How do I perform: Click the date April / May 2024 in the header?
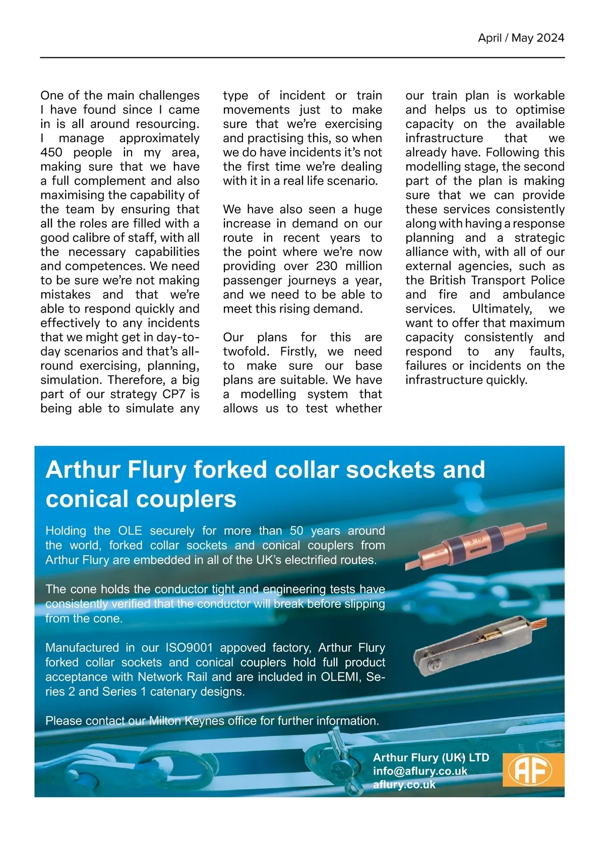click(x=521, y=38)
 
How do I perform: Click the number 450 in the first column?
click(x=51, y=152)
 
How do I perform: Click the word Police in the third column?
click(x=547, y=280)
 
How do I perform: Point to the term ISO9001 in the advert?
click(x=189, y=648)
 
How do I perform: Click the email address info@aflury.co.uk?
click(x=420, y=771)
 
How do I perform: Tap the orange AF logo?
click(x=529, y=770)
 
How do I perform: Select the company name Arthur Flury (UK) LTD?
click(x=431, y=758)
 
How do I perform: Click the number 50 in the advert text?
click(x=297, y=531)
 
